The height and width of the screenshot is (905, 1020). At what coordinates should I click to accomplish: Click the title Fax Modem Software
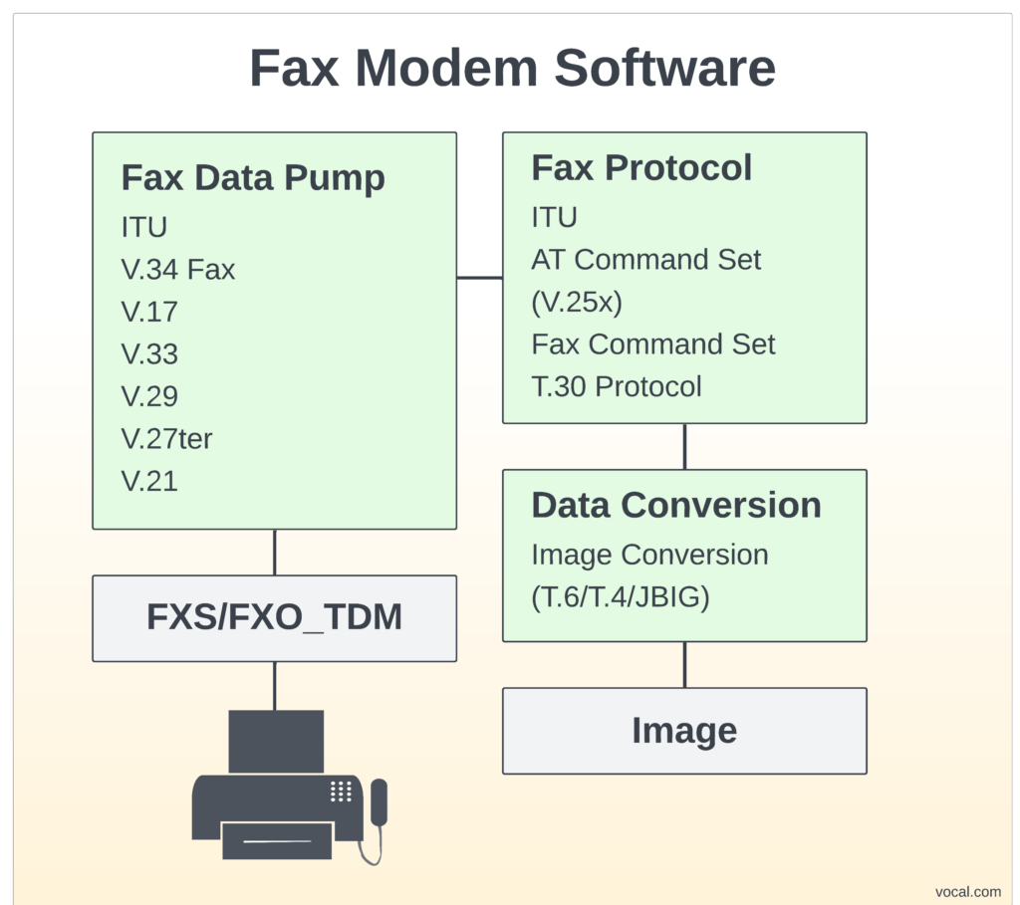coord(512,69)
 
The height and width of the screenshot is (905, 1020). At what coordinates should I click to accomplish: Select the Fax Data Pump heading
coord(253,178)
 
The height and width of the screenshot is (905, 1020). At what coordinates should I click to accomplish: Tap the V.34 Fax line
coord(178,269)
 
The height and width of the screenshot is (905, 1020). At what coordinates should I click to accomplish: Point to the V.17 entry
coord(149,312)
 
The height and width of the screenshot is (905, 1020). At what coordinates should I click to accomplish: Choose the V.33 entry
coord(149,354)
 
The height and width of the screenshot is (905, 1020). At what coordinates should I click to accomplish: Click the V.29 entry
coord(149,396)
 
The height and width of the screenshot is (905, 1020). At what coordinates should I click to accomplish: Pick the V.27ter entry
coord(166,439)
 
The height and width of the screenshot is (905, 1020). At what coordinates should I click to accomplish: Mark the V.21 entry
coord(149,482)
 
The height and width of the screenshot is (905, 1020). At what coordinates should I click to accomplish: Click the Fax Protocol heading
coord(641,168)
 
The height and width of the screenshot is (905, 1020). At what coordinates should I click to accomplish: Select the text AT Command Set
coord(645,260)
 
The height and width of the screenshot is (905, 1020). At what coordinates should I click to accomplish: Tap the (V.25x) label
coord(577,302)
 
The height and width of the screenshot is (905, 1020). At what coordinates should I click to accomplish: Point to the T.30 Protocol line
coord(617,386)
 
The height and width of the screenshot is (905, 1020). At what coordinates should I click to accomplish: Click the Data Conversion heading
coord(676,505)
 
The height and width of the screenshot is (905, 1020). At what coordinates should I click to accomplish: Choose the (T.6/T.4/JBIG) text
coord(620,597)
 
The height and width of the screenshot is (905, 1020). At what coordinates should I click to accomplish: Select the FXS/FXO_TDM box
coord(274,618)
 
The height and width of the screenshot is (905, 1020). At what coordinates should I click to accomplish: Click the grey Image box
coord(684,731)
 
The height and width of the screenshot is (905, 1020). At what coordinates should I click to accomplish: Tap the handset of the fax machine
coord(379,802)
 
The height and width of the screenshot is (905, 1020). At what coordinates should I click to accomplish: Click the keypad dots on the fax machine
coord(341,791)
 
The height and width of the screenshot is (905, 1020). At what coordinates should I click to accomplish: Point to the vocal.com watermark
coord(968,892)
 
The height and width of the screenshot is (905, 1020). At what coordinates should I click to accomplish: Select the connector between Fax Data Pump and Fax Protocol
coord(479,278)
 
